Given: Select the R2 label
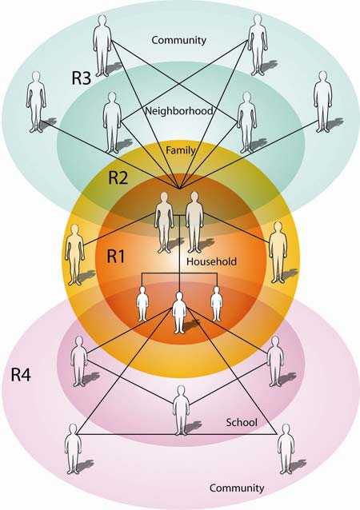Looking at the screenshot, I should point(118,177).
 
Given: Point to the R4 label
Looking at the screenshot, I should point(22,373).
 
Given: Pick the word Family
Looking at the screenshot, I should point(180,149).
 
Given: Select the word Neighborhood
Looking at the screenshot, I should point(179,111).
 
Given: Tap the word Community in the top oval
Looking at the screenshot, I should point(179,39).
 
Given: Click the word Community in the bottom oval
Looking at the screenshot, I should point(236,487).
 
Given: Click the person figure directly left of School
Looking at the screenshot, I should point(181,410).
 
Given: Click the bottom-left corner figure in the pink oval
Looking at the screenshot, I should point(74,450).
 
